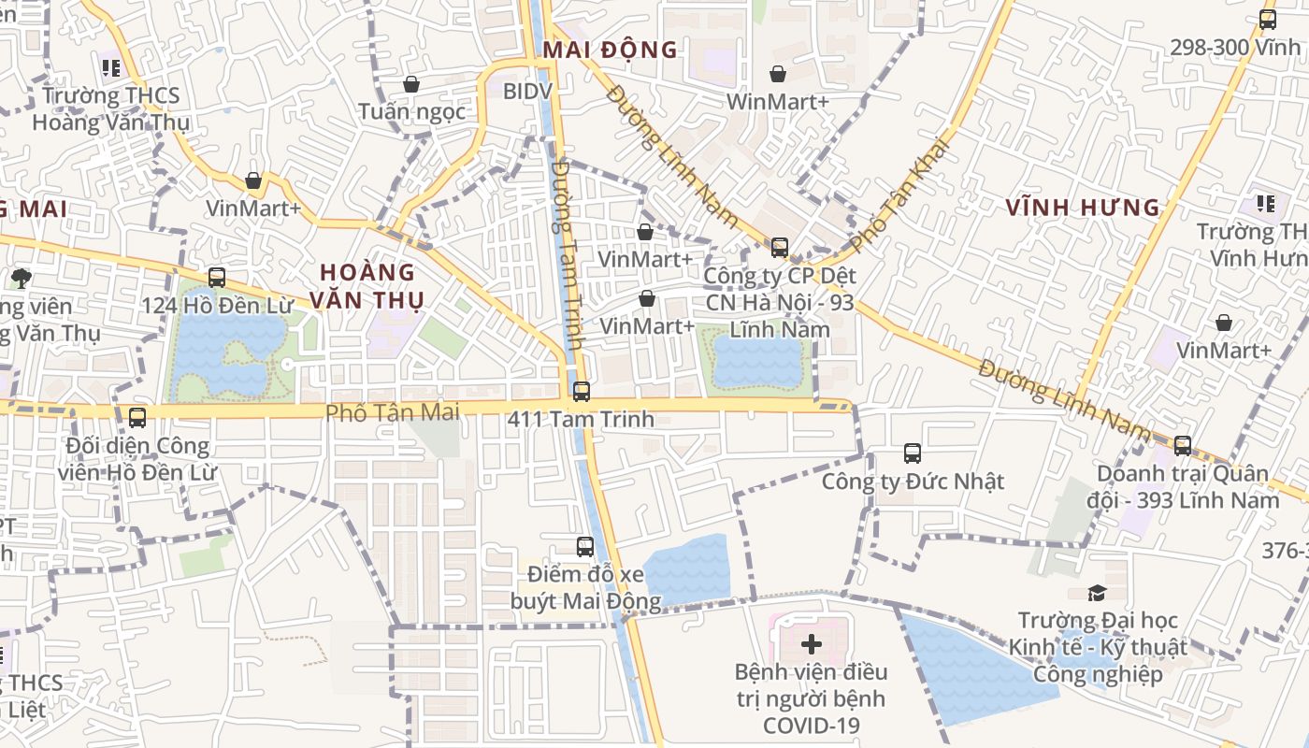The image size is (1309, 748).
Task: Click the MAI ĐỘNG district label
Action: [610, 50]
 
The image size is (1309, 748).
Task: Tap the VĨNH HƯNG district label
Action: [1083, 208]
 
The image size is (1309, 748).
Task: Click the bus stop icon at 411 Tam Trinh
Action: [582, 392]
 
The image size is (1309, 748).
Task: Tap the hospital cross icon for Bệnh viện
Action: [812, 644]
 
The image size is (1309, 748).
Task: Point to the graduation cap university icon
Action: [1097, 593]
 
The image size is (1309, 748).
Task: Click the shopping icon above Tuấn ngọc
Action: [411, 85]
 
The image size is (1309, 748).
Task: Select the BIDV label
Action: [527, 92]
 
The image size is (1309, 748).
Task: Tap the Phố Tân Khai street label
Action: [899, 194]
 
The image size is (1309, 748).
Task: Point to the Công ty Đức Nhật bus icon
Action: [913, 453]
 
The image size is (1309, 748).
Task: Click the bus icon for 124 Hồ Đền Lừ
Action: [217, 278]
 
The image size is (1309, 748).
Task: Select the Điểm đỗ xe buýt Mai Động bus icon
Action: [585, 547]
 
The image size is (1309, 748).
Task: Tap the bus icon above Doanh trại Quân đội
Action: [1183, 446]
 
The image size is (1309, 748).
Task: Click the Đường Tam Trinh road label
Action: [568, 255]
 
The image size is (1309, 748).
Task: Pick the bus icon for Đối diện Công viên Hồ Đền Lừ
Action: [137, 418]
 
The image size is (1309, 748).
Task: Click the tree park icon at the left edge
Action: [21, 278]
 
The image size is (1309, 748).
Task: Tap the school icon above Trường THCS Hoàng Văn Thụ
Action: [111, 67]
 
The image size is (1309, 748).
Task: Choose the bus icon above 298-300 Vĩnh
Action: [1268, 19]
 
